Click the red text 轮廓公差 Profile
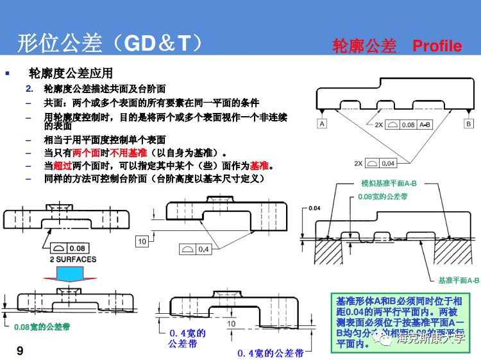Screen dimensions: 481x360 point(397,46)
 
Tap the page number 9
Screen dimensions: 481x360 point(20,350)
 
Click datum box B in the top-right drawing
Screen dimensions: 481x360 point(468,123)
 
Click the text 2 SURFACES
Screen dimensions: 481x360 point(72,259)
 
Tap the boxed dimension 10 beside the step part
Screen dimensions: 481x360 point(142,241)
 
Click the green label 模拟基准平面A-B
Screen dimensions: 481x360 point(389,183)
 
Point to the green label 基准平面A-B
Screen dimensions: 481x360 point(459,280)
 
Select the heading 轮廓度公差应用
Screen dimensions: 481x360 point(71,73)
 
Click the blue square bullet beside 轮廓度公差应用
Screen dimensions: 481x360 point(8,73)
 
